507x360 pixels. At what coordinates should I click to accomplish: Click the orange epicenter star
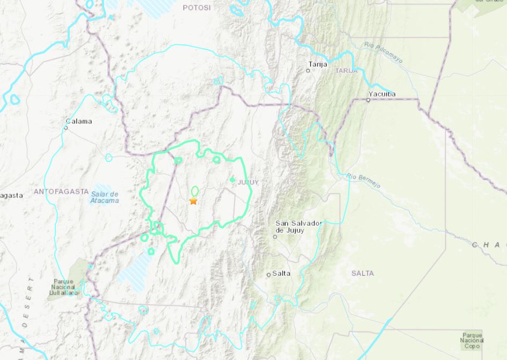pyautogui.click(x=193, y=201)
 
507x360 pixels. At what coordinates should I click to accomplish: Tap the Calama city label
pyautogui.click(x=79, y=121)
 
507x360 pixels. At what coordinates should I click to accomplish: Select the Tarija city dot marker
pyautogui.click(x=308, y=70)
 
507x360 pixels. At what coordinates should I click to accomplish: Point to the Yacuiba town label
pyautogui.click(x=381, y=94)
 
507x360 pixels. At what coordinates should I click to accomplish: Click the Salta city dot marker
pyautogui.click(x=269, y=275)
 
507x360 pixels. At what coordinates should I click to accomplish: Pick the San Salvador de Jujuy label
pyautogui.click(x=297, y=226)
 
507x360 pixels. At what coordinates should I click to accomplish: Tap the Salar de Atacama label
pyautogui.click(x=105, y=197)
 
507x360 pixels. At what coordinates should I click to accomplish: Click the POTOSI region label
pyautogui.click(x=197, y=8)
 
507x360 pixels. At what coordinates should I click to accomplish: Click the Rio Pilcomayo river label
pyautogui.click(x=383, y=53)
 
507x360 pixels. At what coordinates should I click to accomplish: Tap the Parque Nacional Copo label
pyautogui.click(x=472, y=340)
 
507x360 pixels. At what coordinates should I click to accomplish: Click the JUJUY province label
pyautogui.click(x=248, y=182)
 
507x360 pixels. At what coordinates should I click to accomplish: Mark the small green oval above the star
pyautogui.click(x=194, y=191)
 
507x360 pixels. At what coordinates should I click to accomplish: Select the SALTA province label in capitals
pyautogui.click(x=363, y=274)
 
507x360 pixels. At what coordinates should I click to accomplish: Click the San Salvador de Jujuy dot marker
pyautogui.click(x=275, y=236)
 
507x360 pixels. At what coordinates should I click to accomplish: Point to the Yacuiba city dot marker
pyautogui.click(x=368, y=100)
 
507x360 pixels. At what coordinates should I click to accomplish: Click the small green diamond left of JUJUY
pyautogui.click(x=232, y=180)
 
